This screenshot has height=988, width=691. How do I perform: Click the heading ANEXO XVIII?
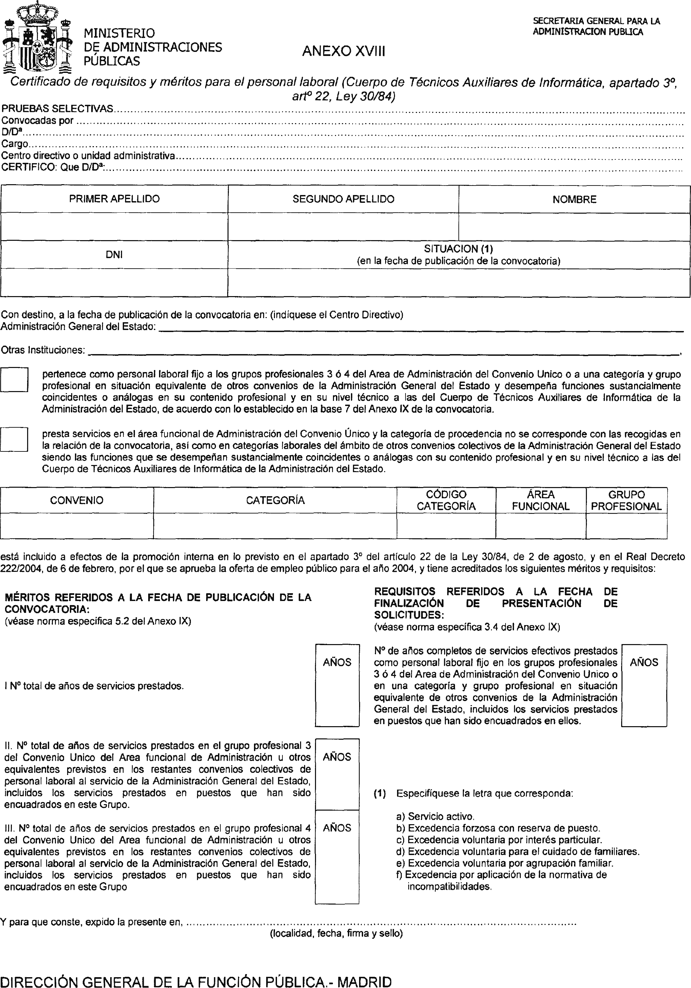[343, 52]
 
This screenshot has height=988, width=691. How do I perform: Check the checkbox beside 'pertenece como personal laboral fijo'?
[14, 380]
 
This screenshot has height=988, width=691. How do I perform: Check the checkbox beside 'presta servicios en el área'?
[14, 439]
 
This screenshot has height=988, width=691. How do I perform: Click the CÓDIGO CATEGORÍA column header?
[446, 501]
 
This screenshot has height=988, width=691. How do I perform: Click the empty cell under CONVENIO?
[77, 525]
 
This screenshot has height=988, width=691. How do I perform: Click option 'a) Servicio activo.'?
[435, 816]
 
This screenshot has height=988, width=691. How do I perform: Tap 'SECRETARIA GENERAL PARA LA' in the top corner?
[596, 21]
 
